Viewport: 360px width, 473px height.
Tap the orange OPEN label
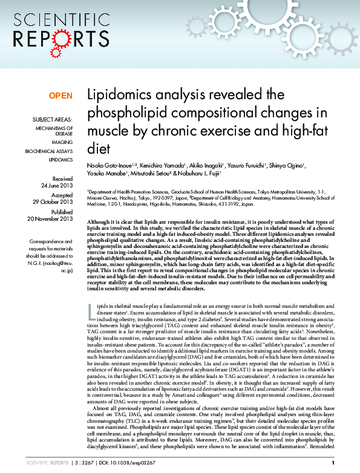[61, 96]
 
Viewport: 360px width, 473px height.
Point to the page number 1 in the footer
[333, 463]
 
